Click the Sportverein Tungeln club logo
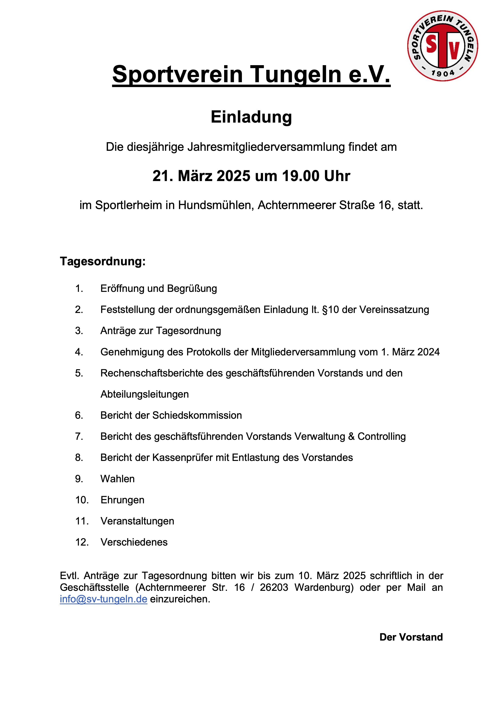tap(442, 46)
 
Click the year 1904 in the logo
tap(443, 73)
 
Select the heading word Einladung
tap(251, 117)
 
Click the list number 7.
tap(79, 436)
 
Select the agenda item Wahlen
tap(117, 479)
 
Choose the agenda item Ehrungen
tap(123, 500)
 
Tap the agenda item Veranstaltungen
tap(137, 521)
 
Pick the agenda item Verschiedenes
tap(134, 542)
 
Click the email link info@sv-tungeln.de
tap(103, 599)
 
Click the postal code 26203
tap(274, 587)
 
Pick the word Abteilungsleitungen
tap(144, 394)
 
